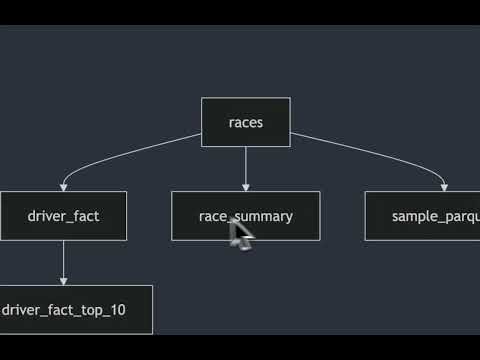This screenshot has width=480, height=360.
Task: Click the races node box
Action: tap(246, 122)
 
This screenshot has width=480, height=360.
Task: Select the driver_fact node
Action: tap(64, 216)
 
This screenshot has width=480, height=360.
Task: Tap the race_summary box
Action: tap(246, 216)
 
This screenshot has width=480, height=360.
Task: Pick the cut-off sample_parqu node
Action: tap(422, 216)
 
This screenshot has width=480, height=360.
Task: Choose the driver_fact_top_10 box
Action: tap(75, 309)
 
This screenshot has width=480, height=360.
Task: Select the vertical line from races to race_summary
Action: tap(246, 165)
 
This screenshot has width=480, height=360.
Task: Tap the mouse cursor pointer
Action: tap(240, 234)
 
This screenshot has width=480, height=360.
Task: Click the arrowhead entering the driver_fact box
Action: tap(64, 187)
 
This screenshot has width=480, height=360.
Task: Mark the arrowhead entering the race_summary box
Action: tap(246, 187)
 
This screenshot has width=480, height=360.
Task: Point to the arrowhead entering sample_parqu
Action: tap(445, 187)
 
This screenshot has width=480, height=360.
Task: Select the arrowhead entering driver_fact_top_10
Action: tap(64, 281)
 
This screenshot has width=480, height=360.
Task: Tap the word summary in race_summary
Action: tap(265, 216)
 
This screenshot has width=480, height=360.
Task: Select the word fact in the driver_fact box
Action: tap(85, 216)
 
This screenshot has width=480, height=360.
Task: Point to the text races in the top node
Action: tap(246, 123)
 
